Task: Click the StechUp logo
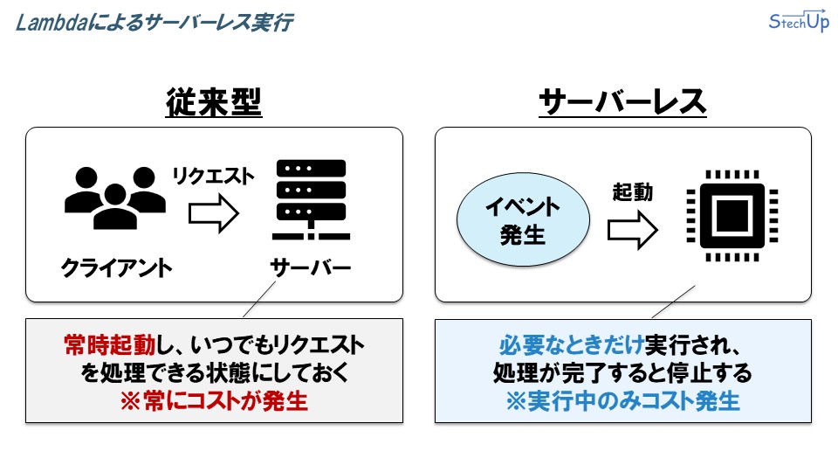798,22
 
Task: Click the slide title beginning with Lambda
154,23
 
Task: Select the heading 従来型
214,103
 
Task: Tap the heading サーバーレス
622,103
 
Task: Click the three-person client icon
114,198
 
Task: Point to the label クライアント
116,267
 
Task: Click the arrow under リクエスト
214,212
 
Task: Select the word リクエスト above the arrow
213,176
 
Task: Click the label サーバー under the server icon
310,267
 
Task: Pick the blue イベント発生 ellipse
523,221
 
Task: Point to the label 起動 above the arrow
632,191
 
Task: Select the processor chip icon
730,221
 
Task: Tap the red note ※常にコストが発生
214,401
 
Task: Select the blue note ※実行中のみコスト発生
622,401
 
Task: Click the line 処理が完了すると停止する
622,373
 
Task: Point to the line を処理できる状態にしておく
214,373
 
